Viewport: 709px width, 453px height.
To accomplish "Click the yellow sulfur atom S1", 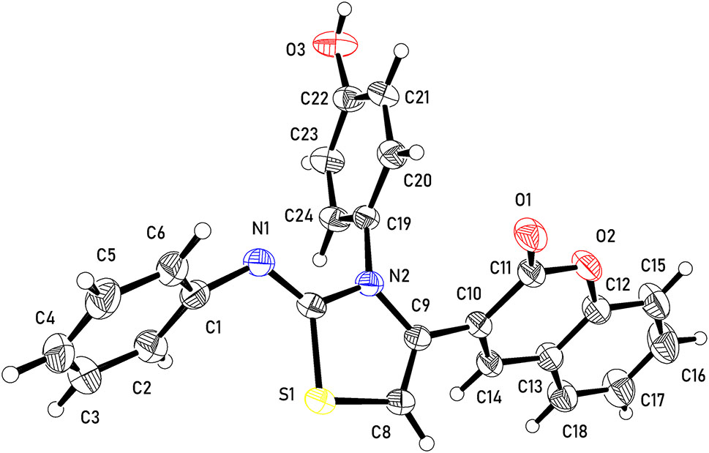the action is click(x=320, y=400).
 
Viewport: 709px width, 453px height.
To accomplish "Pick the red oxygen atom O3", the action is click(x=336, y=45).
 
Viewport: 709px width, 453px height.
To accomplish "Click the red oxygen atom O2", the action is click(x=588, y=264).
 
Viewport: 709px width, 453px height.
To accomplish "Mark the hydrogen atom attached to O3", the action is click(x=345, y=9).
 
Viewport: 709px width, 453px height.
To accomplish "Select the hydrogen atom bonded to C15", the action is click(x=686, y=269).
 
